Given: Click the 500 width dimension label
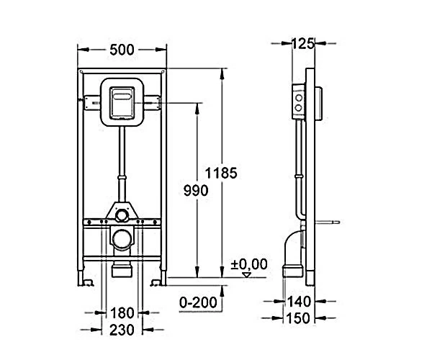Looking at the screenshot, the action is point(122,50).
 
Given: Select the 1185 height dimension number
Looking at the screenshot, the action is point(221,174).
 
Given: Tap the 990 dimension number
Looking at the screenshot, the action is point(196,191).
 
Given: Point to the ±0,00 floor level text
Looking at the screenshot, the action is point(249,264).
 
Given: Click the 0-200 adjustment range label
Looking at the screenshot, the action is point(198,302).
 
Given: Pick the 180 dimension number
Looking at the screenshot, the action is point(122,313).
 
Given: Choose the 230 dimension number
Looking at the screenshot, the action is point(122,330).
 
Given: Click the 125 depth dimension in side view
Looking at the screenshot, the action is point(303,43).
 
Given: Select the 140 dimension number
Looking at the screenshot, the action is point(299,302).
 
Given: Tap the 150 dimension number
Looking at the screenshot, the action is point(299,318).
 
